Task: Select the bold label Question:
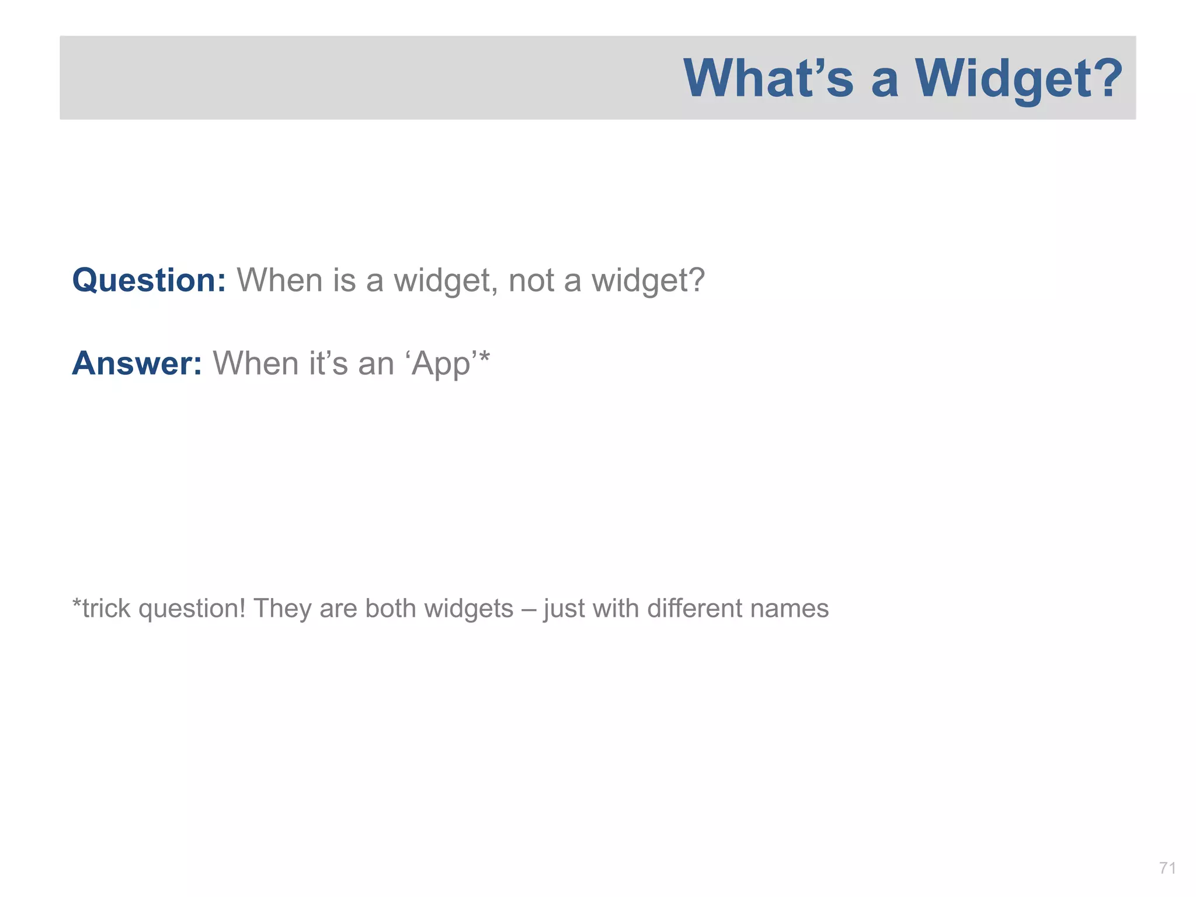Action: [149, 280]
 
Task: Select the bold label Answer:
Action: [137, 363]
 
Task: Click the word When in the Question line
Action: [279, 280]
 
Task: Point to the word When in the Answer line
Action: [256, 363]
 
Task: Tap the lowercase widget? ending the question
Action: [648, 280]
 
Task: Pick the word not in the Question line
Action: [531, 280]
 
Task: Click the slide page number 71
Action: [1167, 868]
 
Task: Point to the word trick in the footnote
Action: [106, 609]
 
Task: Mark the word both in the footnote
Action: [391, 609]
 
